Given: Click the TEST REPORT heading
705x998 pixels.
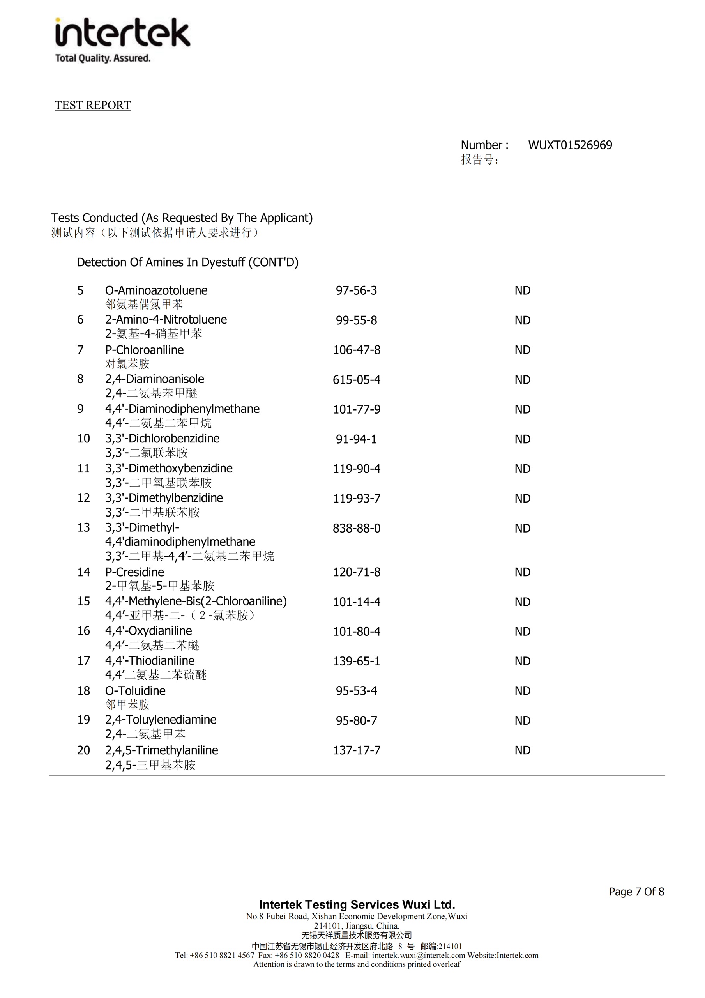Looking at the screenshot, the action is [x=93, y=105].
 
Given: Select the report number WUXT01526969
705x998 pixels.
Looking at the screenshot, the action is [x=570, y=145].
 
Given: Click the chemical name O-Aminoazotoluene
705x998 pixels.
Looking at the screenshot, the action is [x=156, y=290].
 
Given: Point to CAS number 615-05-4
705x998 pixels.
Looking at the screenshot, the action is [x=357, y=380].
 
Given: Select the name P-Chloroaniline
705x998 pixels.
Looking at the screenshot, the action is [x=144, y=350].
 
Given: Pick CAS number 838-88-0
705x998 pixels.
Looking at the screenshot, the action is [x=357, y=529].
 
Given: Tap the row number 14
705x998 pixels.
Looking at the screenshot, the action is [x=83, y=572].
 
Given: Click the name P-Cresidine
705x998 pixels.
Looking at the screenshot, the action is [x=135, y=572].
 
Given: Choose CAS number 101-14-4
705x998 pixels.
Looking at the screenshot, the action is [x=357, y=602].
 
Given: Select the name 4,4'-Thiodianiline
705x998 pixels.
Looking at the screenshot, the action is [x=150, y=661].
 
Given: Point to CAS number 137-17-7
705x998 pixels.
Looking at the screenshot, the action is [x=357, y=751].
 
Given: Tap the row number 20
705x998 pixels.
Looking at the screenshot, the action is [x=83, y=751].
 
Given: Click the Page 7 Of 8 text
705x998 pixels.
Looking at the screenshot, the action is [x=636, y=892].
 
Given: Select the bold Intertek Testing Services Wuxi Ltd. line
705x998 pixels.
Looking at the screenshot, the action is [x=357, y=905].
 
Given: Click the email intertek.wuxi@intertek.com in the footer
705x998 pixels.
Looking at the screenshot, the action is [x=418, y=956].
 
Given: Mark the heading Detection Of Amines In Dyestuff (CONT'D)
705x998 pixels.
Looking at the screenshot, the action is [x=187, y=262].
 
